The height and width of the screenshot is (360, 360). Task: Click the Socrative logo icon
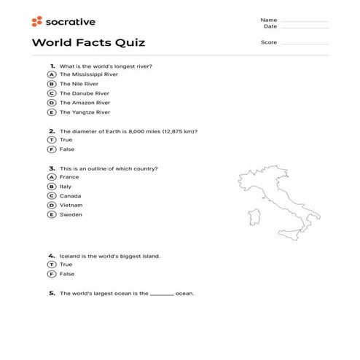point(36,22)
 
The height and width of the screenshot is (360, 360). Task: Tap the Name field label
point(269,20)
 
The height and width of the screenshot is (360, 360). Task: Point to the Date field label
point(270,26)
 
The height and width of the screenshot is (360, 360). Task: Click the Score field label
point(269,42)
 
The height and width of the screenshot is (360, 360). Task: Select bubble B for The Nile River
point(52,84)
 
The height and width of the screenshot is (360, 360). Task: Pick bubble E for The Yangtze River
point(52,112)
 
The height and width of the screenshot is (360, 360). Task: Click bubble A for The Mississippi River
point(52,74)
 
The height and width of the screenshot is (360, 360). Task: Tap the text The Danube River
point(85,93)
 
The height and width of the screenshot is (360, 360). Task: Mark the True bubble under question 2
point(52,140)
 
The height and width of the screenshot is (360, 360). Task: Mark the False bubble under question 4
point(52,274)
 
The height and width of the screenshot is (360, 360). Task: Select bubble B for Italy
point(52,187)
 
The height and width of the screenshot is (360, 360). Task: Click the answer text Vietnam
point(71,206)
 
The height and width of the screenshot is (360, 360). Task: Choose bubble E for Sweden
point(52,215)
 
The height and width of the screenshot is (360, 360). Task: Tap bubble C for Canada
point(52,196)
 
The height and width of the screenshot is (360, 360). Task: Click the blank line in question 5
point(162,294)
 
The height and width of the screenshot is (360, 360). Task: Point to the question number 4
point(52,256)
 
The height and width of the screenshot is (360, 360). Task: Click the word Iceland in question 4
point(70,256)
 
